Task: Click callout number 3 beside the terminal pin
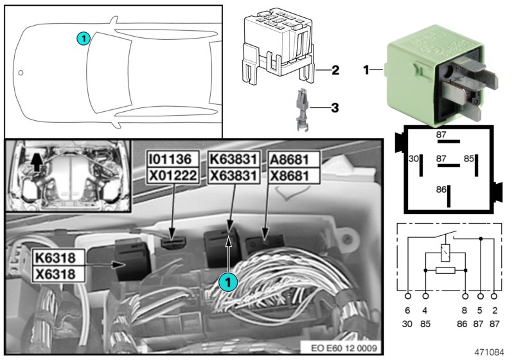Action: coord(335,108)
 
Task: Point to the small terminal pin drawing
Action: coord(302,110)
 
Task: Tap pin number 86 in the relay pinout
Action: coord(441,190)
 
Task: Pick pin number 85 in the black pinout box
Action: coord(469,159)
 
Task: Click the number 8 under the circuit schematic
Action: coord(465,310)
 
